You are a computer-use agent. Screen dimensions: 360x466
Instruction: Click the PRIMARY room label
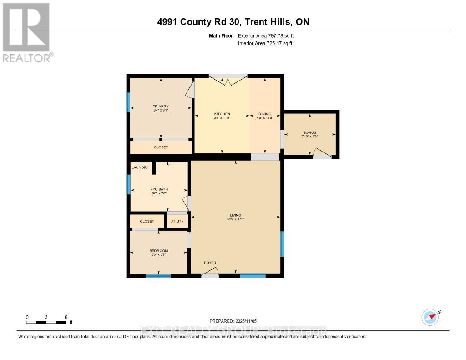161,106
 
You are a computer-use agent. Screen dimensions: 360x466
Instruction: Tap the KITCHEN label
222,114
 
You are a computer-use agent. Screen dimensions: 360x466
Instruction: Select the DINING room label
265,114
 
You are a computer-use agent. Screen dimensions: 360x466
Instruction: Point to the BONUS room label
309,132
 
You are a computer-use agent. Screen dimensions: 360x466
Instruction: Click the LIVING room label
235,215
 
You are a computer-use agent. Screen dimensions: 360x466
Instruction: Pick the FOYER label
210,263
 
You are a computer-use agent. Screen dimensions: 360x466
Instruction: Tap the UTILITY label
177,221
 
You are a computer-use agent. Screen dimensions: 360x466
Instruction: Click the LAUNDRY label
141,167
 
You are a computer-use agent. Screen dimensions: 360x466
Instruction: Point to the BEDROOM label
158,251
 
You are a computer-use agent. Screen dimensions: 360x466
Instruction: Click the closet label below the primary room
161,147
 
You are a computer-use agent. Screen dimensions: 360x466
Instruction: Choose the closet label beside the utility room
147,221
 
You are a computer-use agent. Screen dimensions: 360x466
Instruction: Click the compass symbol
430,317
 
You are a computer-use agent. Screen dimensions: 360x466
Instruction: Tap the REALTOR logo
26,32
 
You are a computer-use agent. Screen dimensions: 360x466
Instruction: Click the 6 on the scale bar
66,317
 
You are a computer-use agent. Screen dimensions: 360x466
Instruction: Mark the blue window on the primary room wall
128,102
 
